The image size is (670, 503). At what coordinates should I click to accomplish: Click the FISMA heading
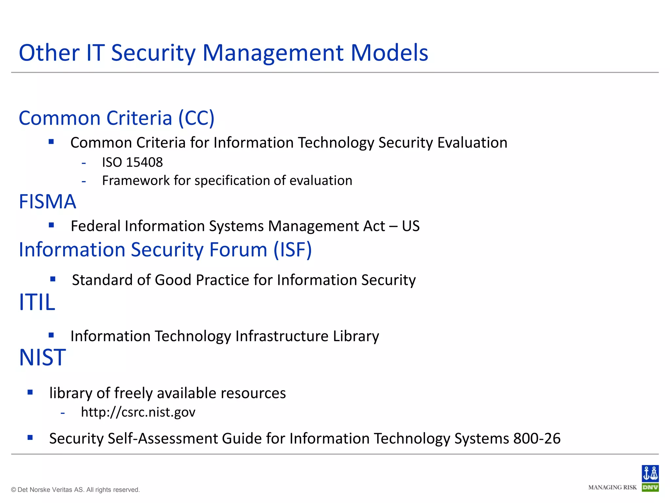[47, 201]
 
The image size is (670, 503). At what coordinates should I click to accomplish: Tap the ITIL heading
[37, 302]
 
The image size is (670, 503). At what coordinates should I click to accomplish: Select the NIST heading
[43, 357]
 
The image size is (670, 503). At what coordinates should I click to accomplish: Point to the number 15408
[144, 162]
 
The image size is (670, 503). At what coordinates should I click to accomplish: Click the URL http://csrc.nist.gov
[138, 412]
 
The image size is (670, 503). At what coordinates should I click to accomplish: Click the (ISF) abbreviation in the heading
[293, 250]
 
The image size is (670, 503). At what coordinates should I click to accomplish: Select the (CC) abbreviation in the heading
[196, 118]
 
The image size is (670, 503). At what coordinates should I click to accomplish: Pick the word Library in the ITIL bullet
[356, 336]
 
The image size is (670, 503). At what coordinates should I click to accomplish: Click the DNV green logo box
[650, 488]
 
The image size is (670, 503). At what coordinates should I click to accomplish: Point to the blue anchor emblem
[650, 474]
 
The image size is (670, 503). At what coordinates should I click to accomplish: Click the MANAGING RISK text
[612, 488]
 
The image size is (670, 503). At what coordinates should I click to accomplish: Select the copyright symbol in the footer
[13, 490]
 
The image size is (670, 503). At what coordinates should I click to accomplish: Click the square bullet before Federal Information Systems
[51, 225]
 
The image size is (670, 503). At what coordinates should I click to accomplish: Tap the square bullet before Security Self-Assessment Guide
[30, 437]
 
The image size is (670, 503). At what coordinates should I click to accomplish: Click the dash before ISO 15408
[84, 163]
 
